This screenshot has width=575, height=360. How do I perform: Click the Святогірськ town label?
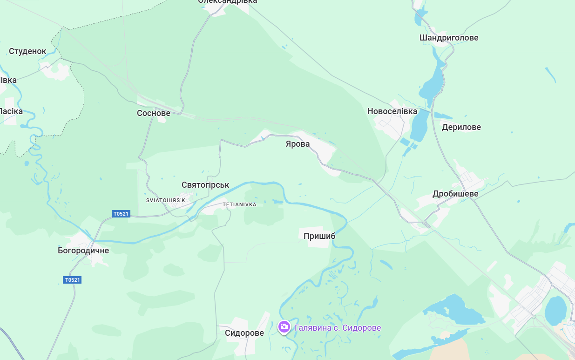pyautogui.click(x=205, y=185)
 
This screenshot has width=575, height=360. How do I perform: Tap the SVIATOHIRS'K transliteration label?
pyautogui.click(x=166, y=200)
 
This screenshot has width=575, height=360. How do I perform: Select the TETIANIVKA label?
pyautogui.click(x=239, y=204)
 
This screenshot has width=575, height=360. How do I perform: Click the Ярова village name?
pyautogui.click(x=298, y=144)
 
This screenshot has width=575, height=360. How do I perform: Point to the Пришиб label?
pyautogui.click(x=319, y=236)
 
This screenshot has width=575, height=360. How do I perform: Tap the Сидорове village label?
pyautogui.click(x=244, y=333)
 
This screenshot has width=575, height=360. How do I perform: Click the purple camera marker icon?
pyautogui.click(x=284, y=327)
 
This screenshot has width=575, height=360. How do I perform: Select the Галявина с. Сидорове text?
pyautogui.click(x=338, y=328)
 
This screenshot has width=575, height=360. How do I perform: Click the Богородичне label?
pyautogui.click(x=83, y=251)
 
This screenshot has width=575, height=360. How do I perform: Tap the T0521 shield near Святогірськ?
pyautogui.click(x=121, y=214)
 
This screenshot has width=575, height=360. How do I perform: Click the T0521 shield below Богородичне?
pyautogui.click(x=72, y=280)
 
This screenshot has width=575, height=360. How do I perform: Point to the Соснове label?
pyautogui.click(x=154, y=113)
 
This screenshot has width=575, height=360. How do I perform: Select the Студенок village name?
pyautogui.click(x=28, y=51)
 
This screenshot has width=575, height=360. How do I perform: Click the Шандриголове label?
pyautogui.click(x=449, y=38)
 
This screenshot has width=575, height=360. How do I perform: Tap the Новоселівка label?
pyautogui.click(x=392, y=111)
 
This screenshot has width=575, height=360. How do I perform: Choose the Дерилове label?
pyautogui.click(x=461, y=127)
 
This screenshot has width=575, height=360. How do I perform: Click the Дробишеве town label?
pyautogui.click(x=455, y=194)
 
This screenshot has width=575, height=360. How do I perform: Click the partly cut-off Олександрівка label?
pyautogui.click(x=228, y=2)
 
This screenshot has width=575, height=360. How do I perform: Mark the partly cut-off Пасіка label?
pyautogui.click(x=11, y=111)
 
